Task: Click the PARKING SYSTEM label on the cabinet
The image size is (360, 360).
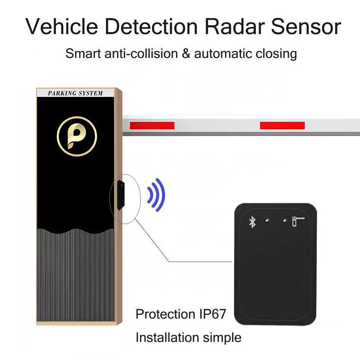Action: pos(76,93)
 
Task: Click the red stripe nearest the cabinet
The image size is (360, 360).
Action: pos(152,125)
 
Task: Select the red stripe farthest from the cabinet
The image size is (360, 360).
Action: pos(282,125)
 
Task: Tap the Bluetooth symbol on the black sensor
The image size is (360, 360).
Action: pos(252,221)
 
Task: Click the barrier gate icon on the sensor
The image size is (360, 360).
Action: pos(297,221)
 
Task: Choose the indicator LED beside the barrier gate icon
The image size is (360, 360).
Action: pos(284,220)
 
